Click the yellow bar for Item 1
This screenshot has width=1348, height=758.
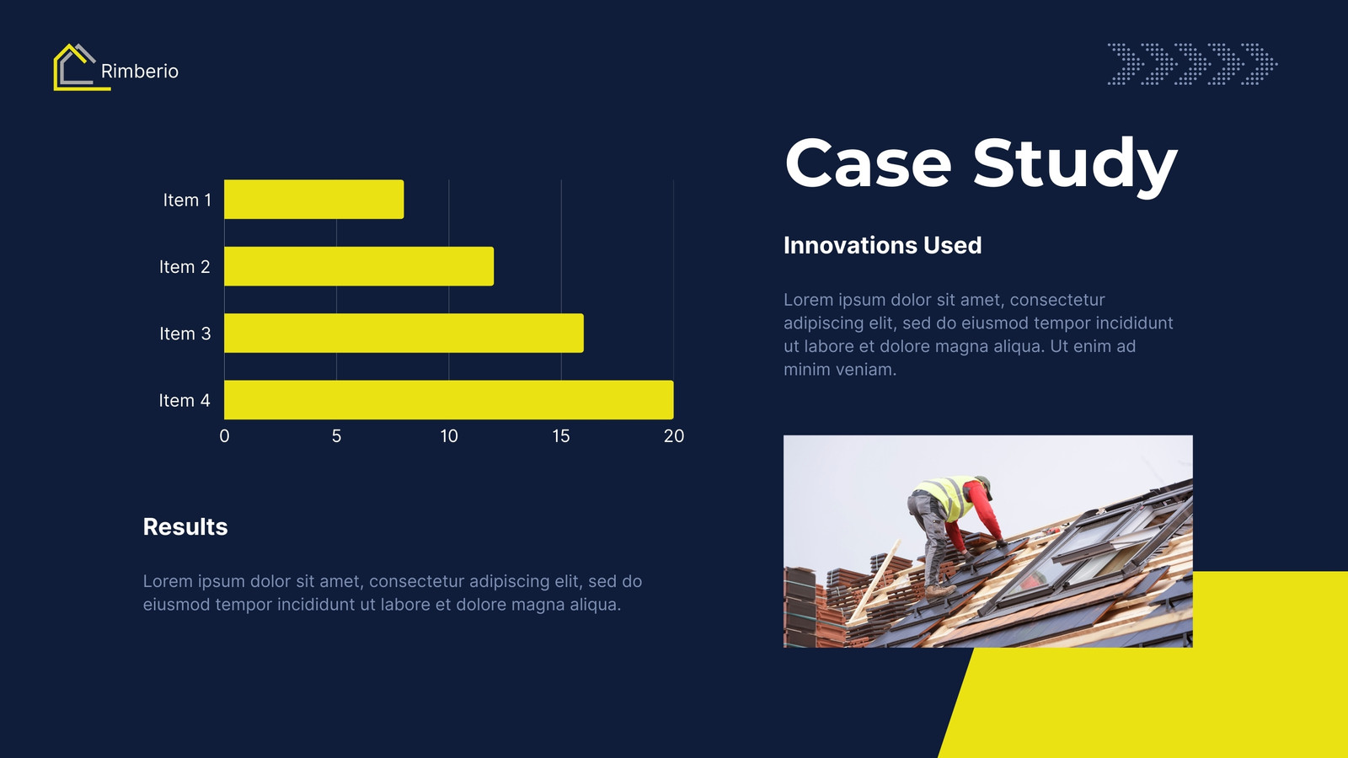pos(313,199)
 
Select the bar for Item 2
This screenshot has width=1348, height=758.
pos(359,266)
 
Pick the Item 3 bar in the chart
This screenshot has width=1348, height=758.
pos(404,333)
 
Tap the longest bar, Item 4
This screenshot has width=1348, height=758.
pos(448,399)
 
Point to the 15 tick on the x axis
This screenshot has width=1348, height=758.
pos(561,436)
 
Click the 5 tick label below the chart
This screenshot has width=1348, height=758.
pos(336,436)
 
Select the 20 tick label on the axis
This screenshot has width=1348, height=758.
pos(673,436)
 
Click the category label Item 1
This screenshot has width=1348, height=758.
pos(187,200)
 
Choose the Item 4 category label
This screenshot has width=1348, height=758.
pos(185,400)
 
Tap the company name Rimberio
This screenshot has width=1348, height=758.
pos(140,71)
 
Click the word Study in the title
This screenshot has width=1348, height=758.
pos(1075,165)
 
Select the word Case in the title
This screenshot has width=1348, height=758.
pos(869,163)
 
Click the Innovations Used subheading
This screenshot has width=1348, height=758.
pos(882,245)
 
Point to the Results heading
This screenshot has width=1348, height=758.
pos(185,527)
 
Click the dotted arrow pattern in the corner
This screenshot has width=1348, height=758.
pos(1192,63)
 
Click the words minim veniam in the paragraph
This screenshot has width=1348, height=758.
pos(840,370)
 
